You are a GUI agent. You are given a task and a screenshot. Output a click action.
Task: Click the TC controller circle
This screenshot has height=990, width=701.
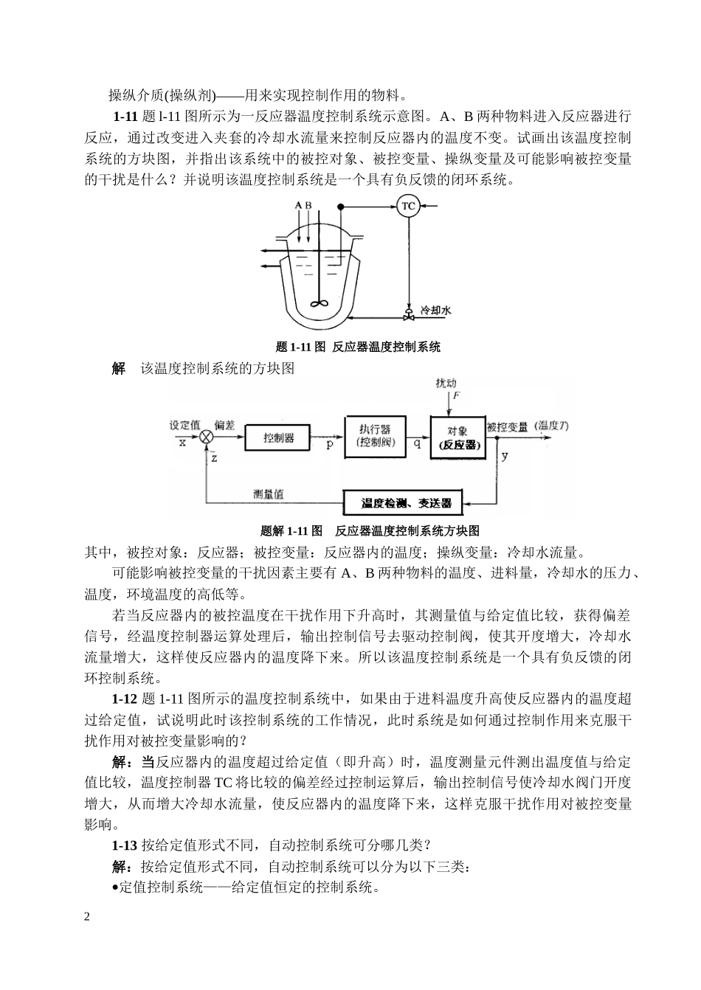408,207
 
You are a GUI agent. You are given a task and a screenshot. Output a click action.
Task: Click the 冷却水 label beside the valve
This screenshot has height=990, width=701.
435,311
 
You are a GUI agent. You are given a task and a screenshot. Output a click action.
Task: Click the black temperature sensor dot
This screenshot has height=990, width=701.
340,207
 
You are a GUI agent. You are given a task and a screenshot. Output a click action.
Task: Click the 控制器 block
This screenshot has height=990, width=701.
278,437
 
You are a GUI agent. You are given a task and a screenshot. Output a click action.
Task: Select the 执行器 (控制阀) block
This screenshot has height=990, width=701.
375,436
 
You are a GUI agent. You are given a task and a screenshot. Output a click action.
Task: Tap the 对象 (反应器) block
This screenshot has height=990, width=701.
457,437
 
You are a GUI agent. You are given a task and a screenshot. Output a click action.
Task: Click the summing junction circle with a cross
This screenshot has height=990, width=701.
206,438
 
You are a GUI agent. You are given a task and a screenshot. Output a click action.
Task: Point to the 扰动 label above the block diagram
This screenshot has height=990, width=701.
446,383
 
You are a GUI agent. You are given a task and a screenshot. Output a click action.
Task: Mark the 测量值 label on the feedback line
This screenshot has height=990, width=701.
268,495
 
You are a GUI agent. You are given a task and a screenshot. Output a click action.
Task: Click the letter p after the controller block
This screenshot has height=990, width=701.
330,446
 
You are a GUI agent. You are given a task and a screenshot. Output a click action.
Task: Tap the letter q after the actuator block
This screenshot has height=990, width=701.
417,445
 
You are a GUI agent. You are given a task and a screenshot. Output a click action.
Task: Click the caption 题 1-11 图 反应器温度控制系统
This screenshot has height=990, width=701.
357,346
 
